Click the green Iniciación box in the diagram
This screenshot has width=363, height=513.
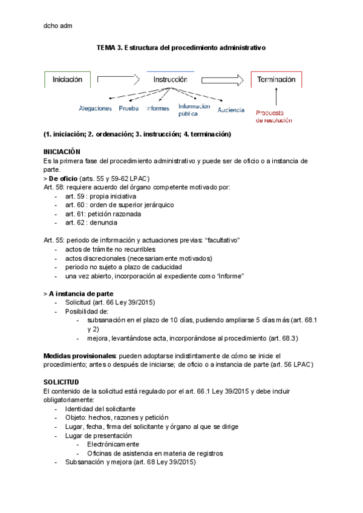pyautogui.click(x=67, y=80)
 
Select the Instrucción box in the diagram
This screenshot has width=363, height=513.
pyautogui.click(x=170, y=80)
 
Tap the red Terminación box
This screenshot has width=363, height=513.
pyautogui.click(x=276, y=80)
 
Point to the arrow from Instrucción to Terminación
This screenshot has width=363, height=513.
pyautogui.click(x=221, y=79)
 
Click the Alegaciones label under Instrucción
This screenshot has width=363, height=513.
pyautogui.click(x=95, y=109)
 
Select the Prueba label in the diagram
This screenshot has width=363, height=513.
pyautogui.click(x=128, y=109)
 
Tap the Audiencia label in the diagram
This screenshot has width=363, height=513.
pyautogui.click(x=231, y=109)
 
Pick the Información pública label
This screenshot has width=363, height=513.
pyautogui.click(x=193, y=109)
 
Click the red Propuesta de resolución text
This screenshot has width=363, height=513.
pyautogui.click(x=273, y=116)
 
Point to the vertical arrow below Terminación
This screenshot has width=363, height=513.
pyautogui.click(x=276, y=97)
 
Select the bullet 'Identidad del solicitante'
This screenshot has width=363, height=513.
pyautogui.click(x=100, y=409)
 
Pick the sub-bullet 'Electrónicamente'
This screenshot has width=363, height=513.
pyautogui.click(x=113, y=444)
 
